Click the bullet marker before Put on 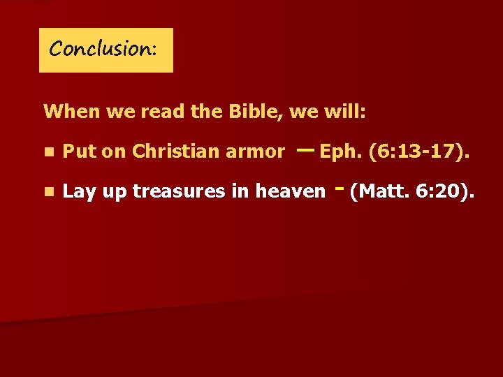coord(48,151)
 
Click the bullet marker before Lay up coord(48,191)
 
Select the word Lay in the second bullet coord(78,191)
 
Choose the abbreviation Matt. coord(378,191)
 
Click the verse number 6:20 coord(439,191)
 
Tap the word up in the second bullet coord(112,193)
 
